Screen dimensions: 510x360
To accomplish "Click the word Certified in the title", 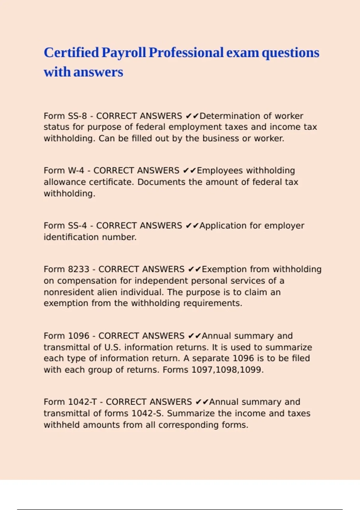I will [71, 52].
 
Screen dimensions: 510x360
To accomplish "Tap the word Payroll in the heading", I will [124, 52].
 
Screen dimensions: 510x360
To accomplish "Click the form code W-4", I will [76, 170].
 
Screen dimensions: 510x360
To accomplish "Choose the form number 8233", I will [79, 269].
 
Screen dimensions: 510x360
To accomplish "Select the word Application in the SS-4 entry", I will [223, 226].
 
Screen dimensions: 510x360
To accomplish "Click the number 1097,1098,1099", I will [226, 370].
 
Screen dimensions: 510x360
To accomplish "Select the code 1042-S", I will [147, 413].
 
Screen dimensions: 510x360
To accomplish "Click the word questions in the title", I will [290, 52].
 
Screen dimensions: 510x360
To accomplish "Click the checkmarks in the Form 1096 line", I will [194, 336].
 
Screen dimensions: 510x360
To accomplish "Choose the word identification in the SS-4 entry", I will [71, 237].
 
